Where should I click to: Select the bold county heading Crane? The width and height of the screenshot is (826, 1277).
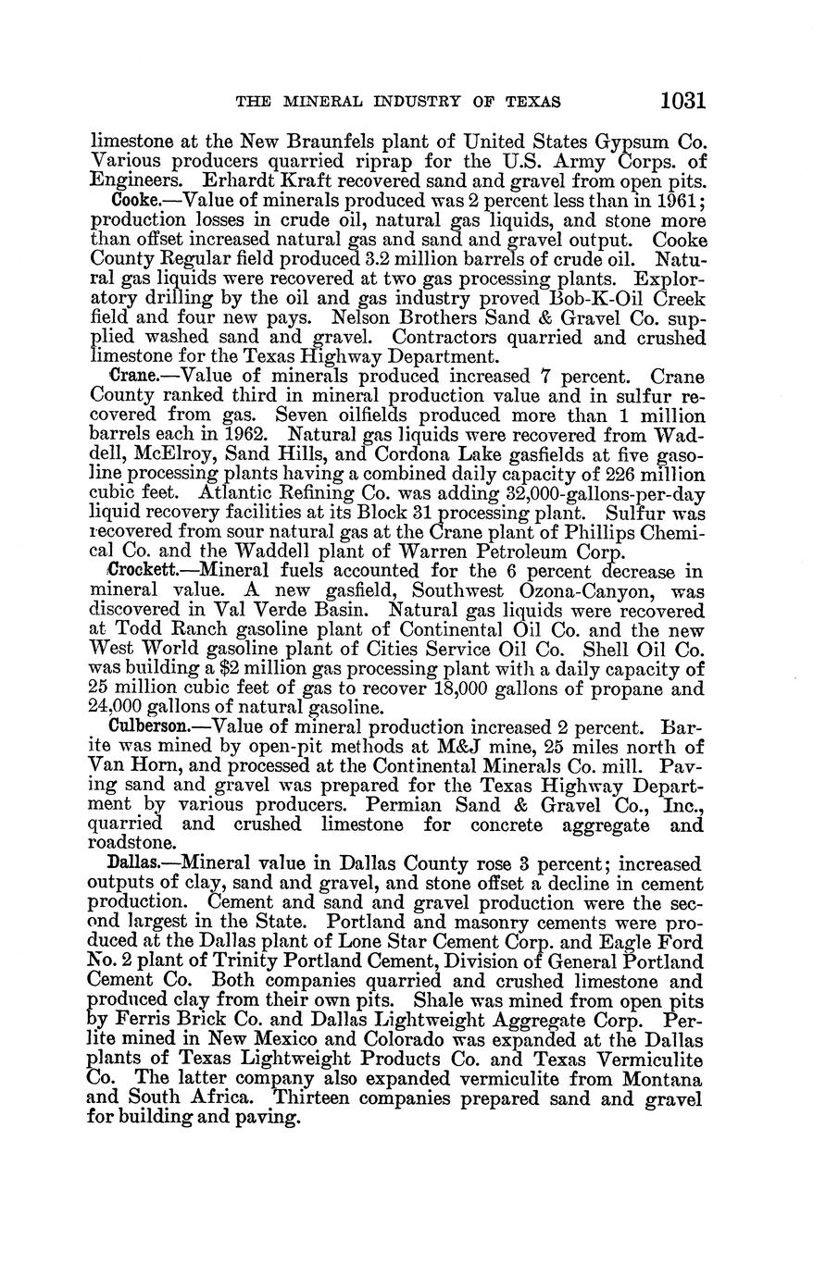click(130, 377)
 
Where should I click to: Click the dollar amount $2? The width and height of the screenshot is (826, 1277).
click(228, 669)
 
